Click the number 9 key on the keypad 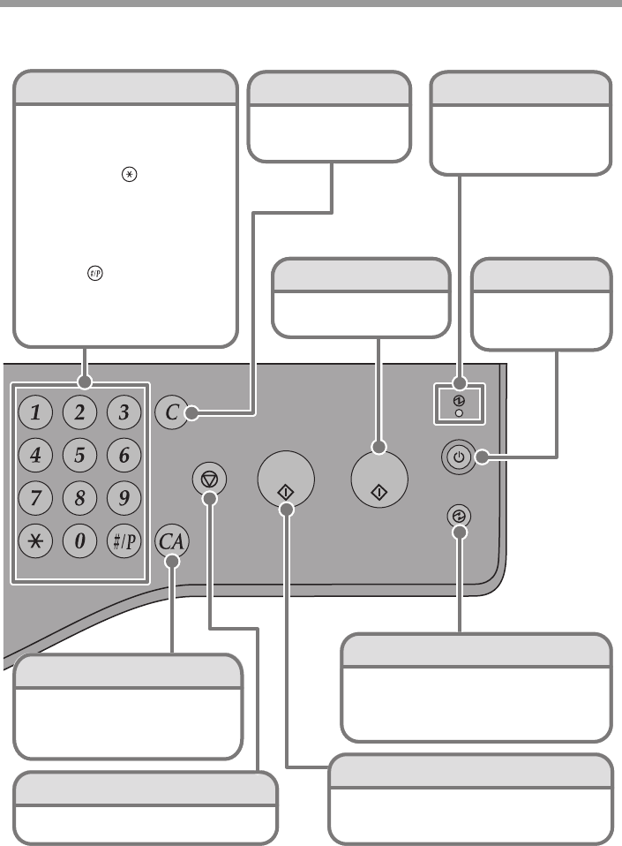[124, 497]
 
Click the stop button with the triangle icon [210, 480]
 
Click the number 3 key [124, 412]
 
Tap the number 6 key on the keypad [124, 456]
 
